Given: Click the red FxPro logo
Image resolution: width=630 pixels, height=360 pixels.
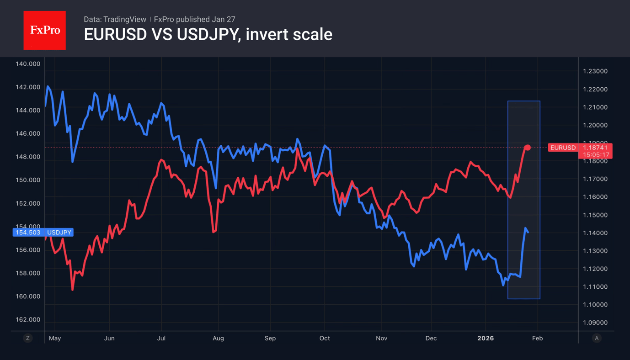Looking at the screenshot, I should pos(44,31).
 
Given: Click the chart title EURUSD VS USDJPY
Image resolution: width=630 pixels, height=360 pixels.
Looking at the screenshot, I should pos(208,34).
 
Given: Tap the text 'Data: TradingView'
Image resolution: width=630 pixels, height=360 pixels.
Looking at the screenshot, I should pos(115,19).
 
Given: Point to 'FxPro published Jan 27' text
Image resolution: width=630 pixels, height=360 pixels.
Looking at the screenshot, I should pos(194,19).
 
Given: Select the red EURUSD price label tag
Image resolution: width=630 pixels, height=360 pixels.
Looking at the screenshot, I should pos(563,148).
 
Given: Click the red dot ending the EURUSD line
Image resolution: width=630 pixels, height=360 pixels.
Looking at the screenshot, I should pos(528,148).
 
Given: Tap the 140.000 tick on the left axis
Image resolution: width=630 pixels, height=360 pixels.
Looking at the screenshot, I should pos(28,64).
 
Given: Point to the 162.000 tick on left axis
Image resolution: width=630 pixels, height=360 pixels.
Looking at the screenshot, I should pos(28,319).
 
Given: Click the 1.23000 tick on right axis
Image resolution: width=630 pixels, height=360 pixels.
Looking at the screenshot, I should pos(595,71).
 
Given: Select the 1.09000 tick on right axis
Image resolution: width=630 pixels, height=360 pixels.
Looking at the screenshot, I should pos(595,323).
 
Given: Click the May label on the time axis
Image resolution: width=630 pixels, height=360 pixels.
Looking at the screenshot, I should pos(55,339).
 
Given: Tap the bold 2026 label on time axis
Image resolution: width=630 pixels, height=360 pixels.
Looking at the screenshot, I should pos(486,339).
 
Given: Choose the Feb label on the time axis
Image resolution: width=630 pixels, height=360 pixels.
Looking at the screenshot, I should pos(538,339).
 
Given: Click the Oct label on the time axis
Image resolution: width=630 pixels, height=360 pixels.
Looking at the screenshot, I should pos(325,339).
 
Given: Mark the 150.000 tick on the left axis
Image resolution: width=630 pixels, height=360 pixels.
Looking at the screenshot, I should pos(28,180).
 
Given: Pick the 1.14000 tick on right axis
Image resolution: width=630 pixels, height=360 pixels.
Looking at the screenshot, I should pos(595,233).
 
